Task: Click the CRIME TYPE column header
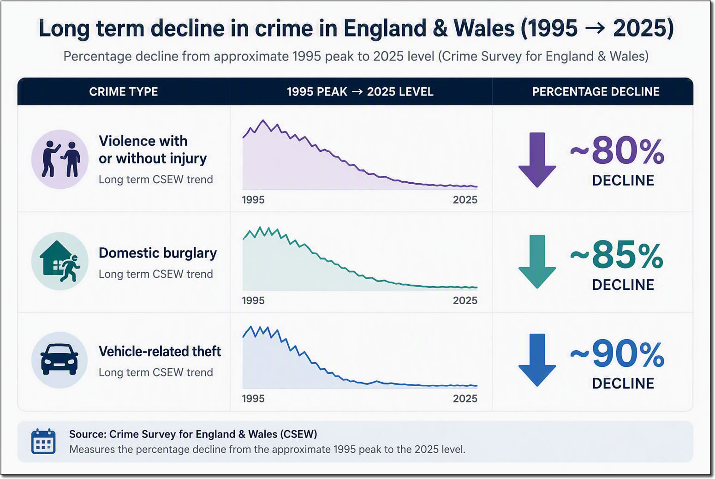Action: click(123, 92)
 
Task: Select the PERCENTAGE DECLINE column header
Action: click(596, 92)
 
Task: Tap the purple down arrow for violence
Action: click(537, 160)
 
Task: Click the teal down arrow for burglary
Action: click(537, 262)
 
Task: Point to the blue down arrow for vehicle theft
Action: click(537, 360)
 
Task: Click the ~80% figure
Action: click(617, 150)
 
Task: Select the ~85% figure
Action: click(617, 255)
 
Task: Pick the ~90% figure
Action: click(617, 354)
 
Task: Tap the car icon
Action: click(60, 359)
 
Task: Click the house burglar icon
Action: click(60, 261)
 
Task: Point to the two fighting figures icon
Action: click(60, 159)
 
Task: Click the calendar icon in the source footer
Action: click(43, 441)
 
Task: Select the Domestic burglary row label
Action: click(158, 253)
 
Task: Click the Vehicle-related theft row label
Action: click(160, 351)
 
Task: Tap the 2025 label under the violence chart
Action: click(465, 200)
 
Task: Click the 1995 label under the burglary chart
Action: click(253, 300)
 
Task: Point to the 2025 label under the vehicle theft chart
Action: click(465, 399)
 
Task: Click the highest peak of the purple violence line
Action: click(263, 120)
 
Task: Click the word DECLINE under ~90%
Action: click(623, 383)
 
